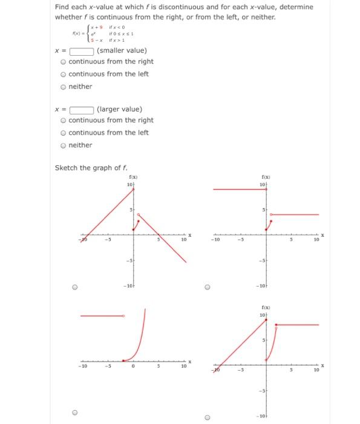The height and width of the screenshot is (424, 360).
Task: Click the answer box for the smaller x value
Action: coord(80,51)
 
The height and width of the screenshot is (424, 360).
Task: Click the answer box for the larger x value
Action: coord(80,110)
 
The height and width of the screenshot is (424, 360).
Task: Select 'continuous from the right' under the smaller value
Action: coord(64,62)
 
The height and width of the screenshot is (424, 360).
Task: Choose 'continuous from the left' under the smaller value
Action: coord(64,74)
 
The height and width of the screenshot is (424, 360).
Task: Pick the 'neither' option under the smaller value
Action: coord(64,87)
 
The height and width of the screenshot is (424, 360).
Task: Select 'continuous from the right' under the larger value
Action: coord(64,121)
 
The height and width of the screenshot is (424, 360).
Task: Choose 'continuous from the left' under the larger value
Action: coord(64,133)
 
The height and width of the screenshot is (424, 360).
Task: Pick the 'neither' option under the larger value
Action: coord(64,145)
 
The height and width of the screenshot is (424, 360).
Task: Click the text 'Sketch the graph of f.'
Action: coord(91,168)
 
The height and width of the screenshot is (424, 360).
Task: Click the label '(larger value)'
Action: coord(120,110)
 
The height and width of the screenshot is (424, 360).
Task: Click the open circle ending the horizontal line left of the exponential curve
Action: coord(123,316)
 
